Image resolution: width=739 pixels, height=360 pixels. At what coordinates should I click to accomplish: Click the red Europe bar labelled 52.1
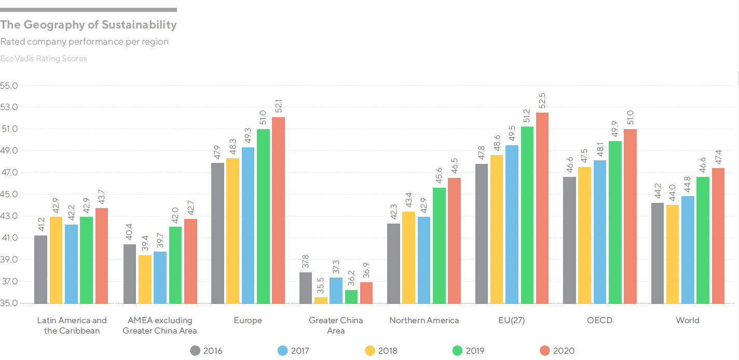[x=278, y=210]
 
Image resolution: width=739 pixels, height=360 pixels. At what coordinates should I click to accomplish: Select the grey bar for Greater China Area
[x=306, y=288]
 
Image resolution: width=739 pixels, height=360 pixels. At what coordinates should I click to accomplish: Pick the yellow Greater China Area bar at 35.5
[x=321, y=300]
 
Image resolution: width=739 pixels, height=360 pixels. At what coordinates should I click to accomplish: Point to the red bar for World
[x=718, y=236]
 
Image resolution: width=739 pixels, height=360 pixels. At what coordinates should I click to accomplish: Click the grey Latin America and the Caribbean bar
[x=40, y=269]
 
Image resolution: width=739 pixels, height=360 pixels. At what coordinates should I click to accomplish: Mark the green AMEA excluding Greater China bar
[x=175, y=265]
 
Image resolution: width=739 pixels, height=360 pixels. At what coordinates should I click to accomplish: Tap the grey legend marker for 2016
[x=195, y=351]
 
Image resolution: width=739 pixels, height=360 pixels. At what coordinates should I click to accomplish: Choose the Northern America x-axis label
[x=424, y=320]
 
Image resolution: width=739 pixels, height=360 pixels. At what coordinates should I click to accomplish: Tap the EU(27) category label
[x=512, y=320]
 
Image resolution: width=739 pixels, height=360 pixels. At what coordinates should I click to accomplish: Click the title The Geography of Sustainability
[x=89, y=24]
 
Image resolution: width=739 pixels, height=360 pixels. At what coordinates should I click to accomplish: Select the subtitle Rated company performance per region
[x=85, y=41]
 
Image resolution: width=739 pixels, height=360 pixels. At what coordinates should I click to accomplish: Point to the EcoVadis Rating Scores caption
[x=44, y=59]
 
